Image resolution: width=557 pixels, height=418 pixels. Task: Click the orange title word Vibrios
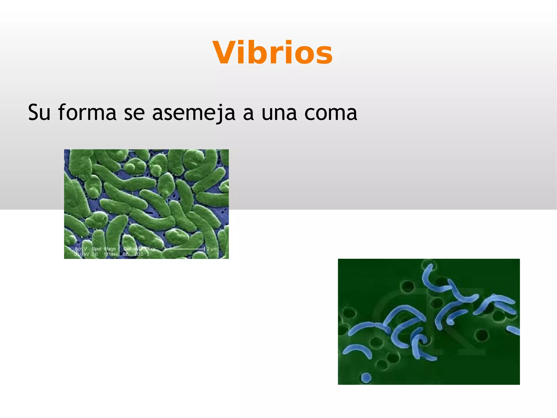click(x=273, y=53)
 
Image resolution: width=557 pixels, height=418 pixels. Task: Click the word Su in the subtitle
click(x=39, y=112)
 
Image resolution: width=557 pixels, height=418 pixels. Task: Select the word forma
click(x=87, y=112)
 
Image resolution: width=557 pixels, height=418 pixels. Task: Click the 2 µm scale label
click(x=212, y=249)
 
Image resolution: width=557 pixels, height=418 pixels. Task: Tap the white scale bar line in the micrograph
click(x=185, y=249)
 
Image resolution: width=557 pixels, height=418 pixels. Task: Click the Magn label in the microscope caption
click(x=110, y=249)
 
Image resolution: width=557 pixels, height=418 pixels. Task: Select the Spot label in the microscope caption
click(x=97, y=249)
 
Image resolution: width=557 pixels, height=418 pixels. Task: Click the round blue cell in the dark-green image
click(x=366, y=377)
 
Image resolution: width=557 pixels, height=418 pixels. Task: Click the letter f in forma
click(x=62, y=112)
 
